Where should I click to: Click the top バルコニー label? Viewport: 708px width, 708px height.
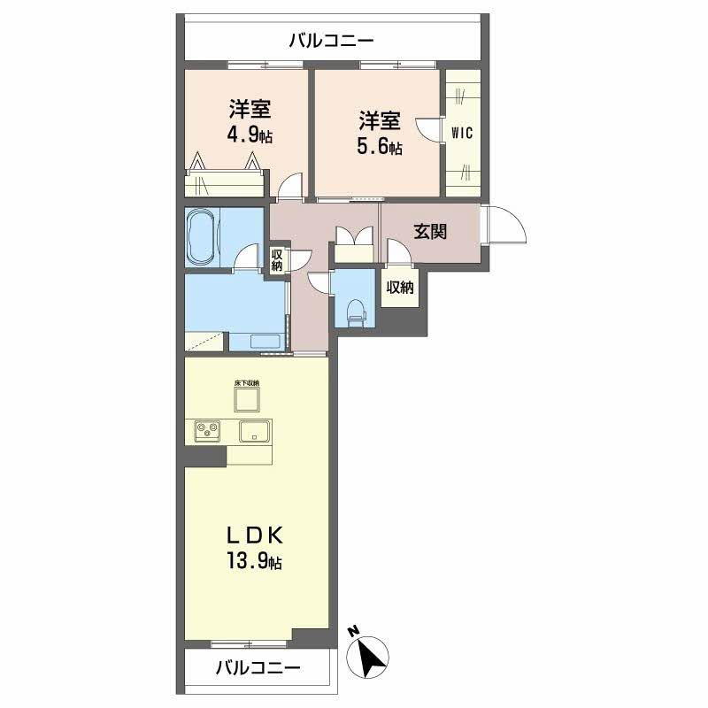332,40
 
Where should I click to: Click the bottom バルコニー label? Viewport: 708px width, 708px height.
258,667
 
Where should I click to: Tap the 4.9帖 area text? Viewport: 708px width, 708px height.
249,137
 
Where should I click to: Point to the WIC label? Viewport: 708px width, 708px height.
462,135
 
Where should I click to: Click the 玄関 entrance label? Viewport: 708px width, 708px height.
429,232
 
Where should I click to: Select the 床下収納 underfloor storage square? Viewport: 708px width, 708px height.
247,399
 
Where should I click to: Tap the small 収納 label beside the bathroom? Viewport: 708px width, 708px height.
277,261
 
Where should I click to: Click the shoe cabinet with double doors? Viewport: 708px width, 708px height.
353,244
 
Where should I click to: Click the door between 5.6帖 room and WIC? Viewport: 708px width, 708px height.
430,129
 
